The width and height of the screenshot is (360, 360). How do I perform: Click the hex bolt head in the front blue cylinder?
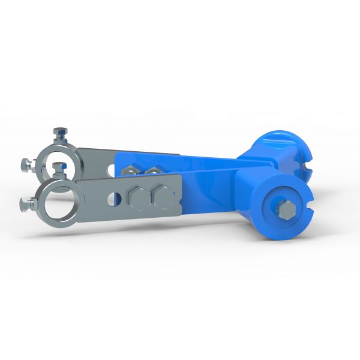point(287,210)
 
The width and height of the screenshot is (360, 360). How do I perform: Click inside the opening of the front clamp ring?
point(58,202)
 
